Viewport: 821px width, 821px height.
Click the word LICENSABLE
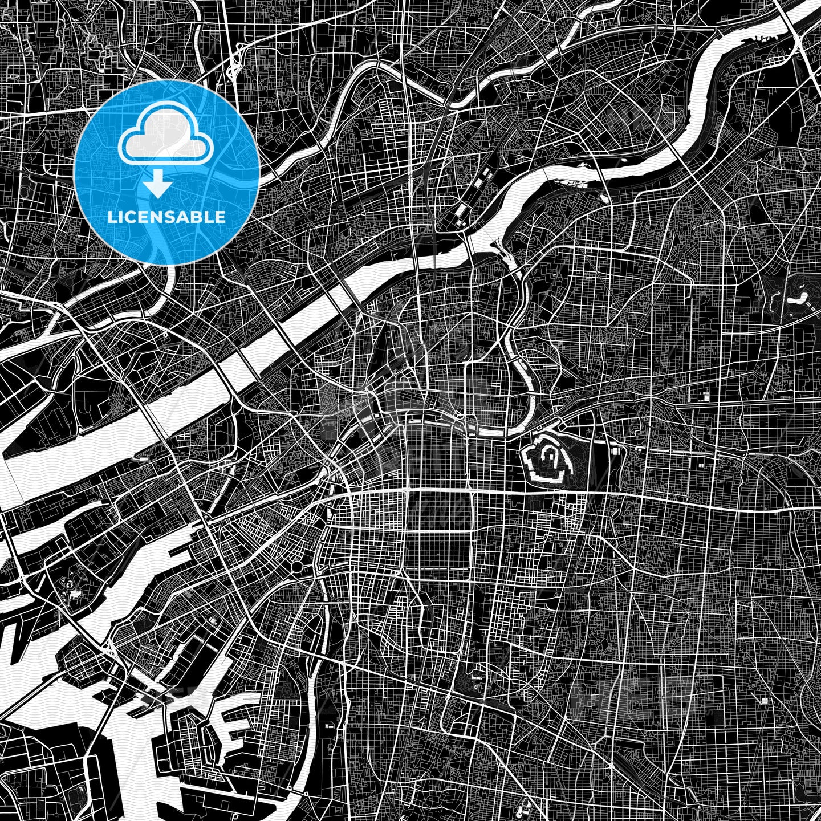pos(166,217)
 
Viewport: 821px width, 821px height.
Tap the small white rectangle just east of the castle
pos(616,451)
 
